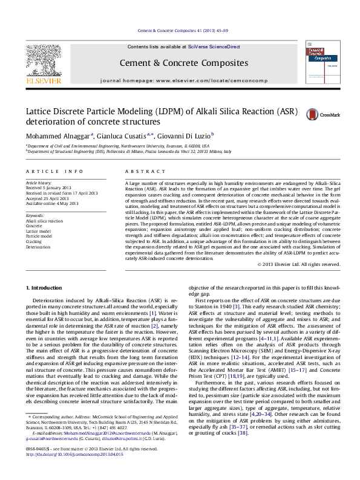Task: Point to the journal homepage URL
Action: pyautogui.click(x=199, y=80)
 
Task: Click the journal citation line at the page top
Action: pyautogui.click(x=180, y=30)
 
